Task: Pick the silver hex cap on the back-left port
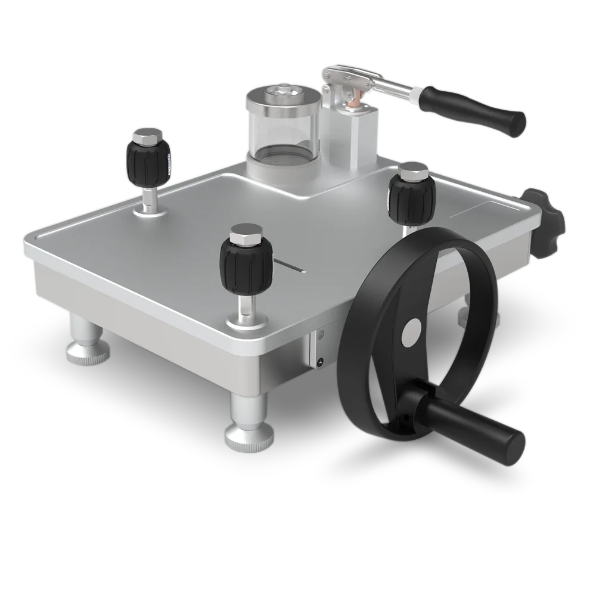point(148,136)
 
